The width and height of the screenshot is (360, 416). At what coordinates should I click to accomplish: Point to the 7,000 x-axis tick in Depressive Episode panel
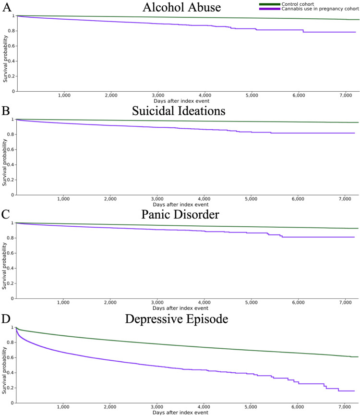click(x=345, y=407)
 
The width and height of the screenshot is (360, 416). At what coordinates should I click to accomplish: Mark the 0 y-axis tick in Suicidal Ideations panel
click(x=13, y=195)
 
